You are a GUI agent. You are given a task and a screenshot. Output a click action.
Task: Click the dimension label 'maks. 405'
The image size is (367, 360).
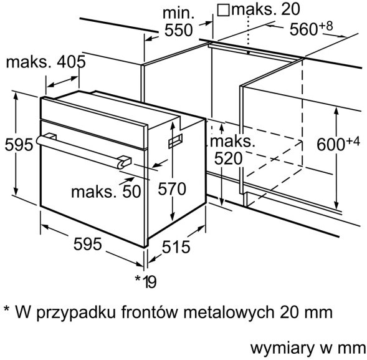click(46, 62)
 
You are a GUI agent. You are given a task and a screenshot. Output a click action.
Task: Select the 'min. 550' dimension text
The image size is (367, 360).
click(179, 22)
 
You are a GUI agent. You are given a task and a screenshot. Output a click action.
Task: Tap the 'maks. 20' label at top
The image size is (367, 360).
click(265, 9)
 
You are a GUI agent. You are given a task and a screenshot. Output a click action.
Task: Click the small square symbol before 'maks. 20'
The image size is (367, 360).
click(223, 10)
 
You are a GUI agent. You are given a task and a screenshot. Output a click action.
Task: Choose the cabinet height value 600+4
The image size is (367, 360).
click(338, 144)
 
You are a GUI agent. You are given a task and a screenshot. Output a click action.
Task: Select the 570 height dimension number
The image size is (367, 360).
click(172, 189)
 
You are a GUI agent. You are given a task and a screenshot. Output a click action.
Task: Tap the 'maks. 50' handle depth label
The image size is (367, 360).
click(106, 192)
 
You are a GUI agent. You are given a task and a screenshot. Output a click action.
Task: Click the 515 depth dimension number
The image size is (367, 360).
click(176, 246)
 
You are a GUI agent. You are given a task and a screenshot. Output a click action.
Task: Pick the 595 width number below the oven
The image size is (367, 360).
click(87, 244)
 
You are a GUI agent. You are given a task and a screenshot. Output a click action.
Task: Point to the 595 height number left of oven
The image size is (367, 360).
click(19, 145)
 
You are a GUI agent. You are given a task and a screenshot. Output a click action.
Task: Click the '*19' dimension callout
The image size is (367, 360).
click(146, 281)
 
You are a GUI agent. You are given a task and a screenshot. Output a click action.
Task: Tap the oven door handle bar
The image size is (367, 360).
click(82, 151)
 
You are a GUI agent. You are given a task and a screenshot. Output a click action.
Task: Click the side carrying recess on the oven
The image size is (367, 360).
click(175, 140)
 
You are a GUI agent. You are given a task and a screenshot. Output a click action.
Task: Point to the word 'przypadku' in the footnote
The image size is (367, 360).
click(76, 313)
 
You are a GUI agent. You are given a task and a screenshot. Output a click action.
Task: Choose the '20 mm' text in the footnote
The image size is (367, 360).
click(306, 312)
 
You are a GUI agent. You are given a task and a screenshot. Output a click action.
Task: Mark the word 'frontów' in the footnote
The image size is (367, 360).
click(150, 312)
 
